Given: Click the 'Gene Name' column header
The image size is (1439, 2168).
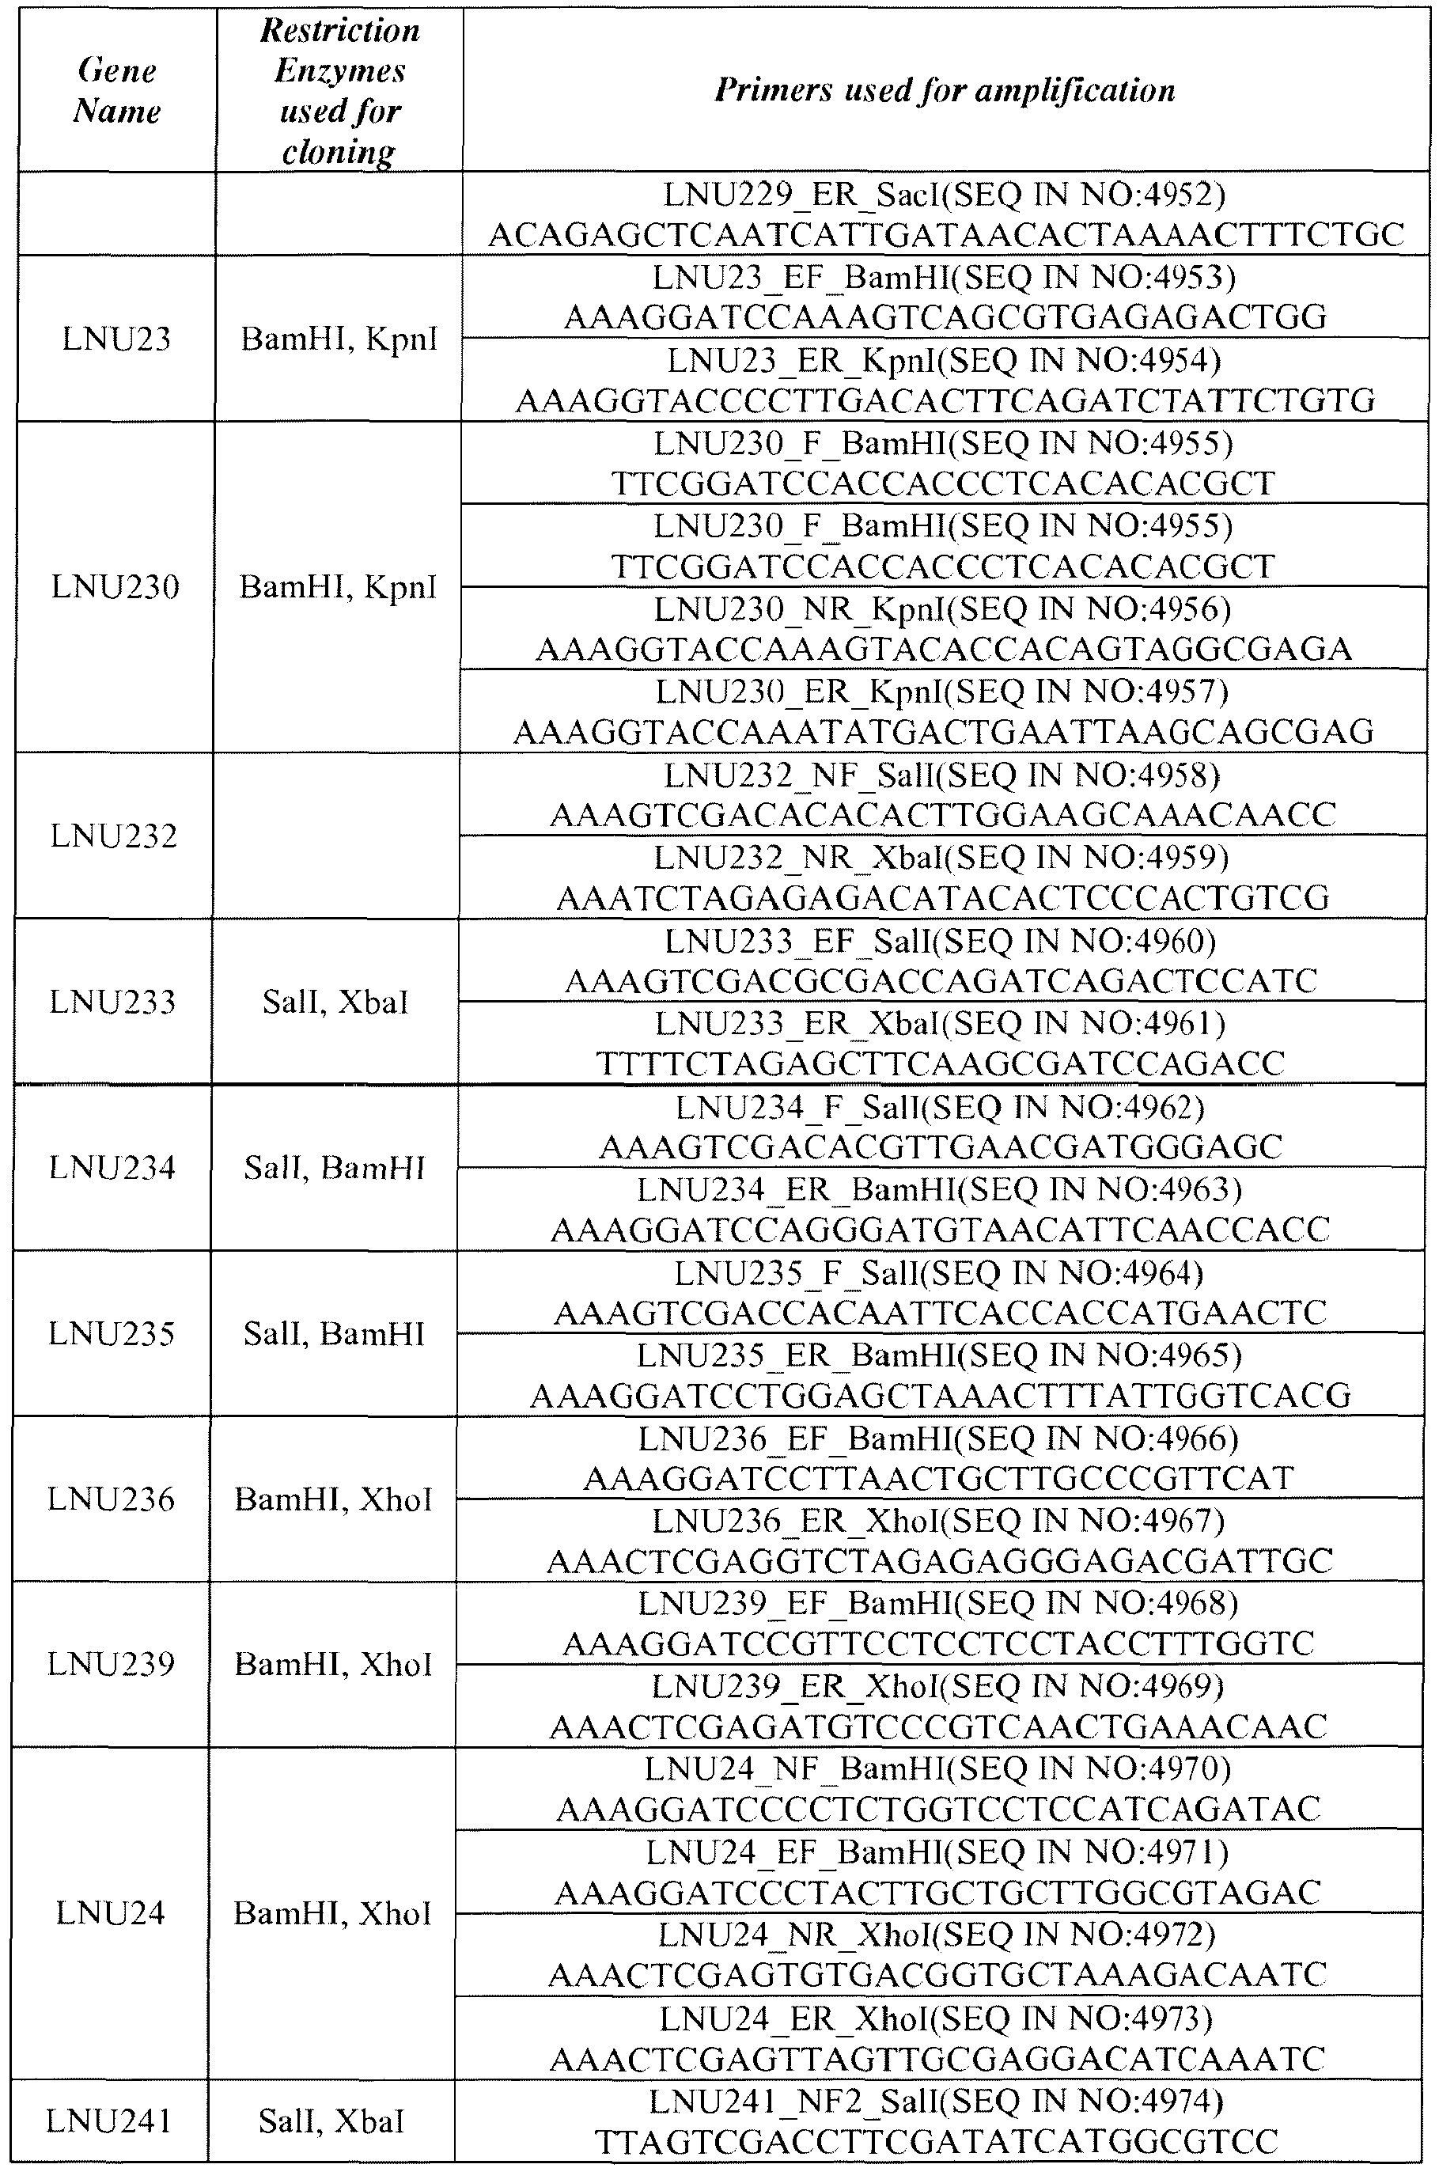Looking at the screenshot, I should pos(116,91).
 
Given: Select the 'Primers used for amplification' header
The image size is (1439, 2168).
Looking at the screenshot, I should pos(945,90).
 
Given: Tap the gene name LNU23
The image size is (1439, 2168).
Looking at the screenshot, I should pos(116,339).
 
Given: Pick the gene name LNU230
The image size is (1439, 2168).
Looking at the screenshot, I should pos(115,586).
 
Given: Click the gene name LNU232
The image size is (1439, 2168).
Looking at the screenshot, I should pos(114,836).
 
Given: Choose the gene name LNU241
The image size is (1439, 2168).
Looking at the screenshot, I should pos(109,2121).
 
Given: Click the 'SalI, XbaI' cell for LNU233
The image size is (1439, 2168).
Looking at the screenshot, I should pos(335,1002).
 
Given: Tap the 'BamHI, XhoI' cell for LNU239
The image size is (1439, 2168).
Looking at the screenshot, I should pos(333,1663).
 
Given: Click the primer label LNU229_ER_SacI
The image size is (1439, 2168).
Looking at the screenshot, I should pos(945,195).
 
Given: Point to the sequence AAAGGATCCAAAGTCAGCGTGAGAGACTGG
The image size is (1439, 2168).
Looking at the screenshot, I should pos(945,317).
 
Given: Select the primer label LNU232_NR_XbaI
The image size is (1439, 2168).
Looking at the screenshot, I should pos(941,856).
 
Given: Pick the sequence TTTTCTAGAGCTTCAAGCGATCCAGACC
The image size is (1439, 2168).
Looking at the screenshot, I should pos(941,1063).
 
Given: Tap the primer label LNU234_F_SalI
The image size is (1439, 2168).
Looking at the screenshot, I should pos(941,1107).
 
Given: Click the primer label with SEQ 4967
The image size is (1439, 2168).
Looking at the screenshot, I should pos(939,1521).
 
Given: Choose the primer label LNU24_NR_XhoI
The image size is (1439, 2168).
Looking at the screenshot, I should pos(937,1934).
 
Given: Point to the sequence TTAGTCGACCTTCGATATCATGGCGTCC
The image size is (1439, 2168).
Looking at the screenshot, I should pos(936,2143).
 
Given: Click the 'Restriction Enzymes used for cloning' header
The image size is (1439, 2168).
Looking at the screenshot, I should pos(339,91).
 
